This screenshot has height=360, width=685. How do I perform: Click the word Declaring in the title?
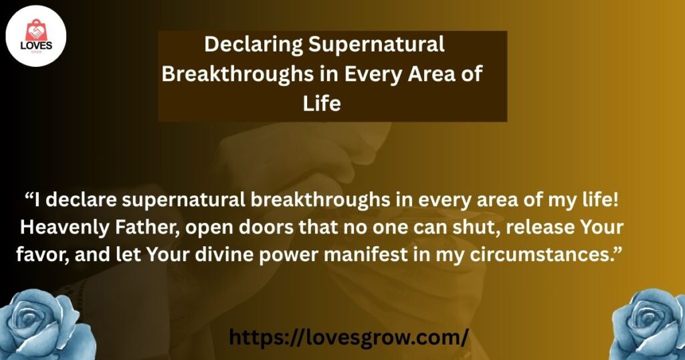click(x=254, y=46)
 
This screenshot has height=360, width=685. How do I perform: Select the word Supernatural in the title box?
click(x=377, y=46)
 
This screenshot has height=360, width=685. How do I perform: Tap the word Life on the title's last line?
click(x=322, y=104)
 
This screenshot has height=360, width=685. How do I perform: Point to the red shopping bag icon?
click(x=36, y=31)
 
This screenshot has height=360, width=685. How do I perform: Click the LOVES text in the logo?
click(x=36, y=46)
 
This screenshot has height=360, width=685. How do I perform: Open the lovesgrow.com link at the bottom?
click(x=349, y=338)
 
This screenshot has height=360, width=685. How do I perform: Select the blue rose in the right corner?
click(x=649, y=325)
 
